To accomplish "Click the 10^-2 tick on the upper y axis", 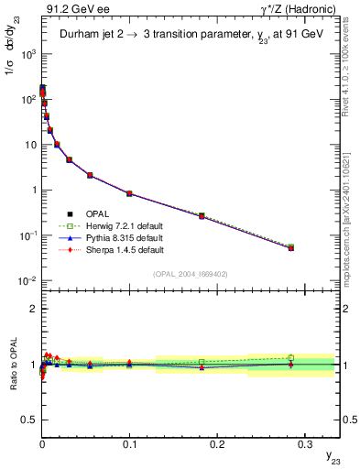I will [27, 280].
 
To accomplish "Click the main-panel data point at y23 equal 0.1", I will [129, 193].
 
